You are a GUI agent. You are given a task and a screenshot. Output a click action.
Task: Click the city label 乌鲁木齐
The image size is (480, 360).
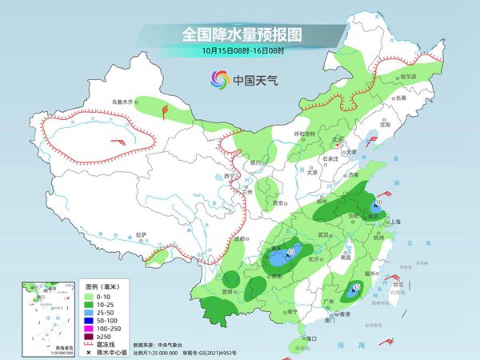tap(122, 102)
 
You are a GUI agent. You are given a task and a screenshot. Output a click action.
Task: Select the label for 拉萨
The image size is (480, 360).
tap(142, 234)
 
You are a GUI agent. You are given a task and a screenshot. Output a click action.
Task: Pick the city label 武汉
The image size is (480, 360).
tap(323, 234)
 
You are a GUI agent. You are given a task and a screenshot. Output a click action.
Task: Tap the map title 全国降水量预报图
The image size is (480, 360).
tap(240, 35)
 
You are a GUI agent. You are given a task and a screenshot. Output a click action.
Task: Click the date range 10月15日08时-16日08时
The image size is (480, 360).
tap(240, 51)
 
